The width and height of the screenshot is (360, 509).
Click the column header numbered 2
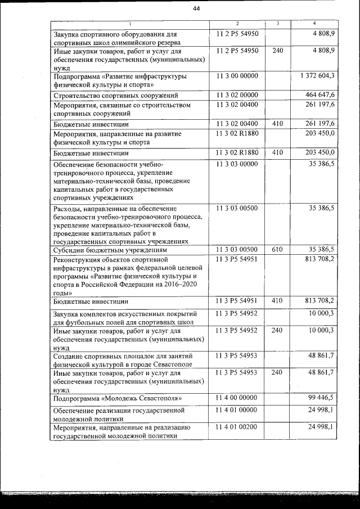click(237, 24)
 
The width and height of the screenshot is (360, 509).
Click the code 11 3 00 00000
click(237, 75)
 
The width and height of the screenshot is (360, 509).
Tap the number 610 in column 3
click(277, 249)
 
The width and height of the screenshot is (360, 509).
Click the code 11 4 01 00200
click(237, 427)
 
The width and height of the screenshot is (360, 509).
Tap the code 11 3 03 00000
click(237, 164)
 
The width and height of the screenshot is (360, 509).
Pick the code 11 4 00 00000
click(237, 397)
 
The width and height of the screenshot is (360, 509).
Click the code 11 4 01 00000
click(237, 410)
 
